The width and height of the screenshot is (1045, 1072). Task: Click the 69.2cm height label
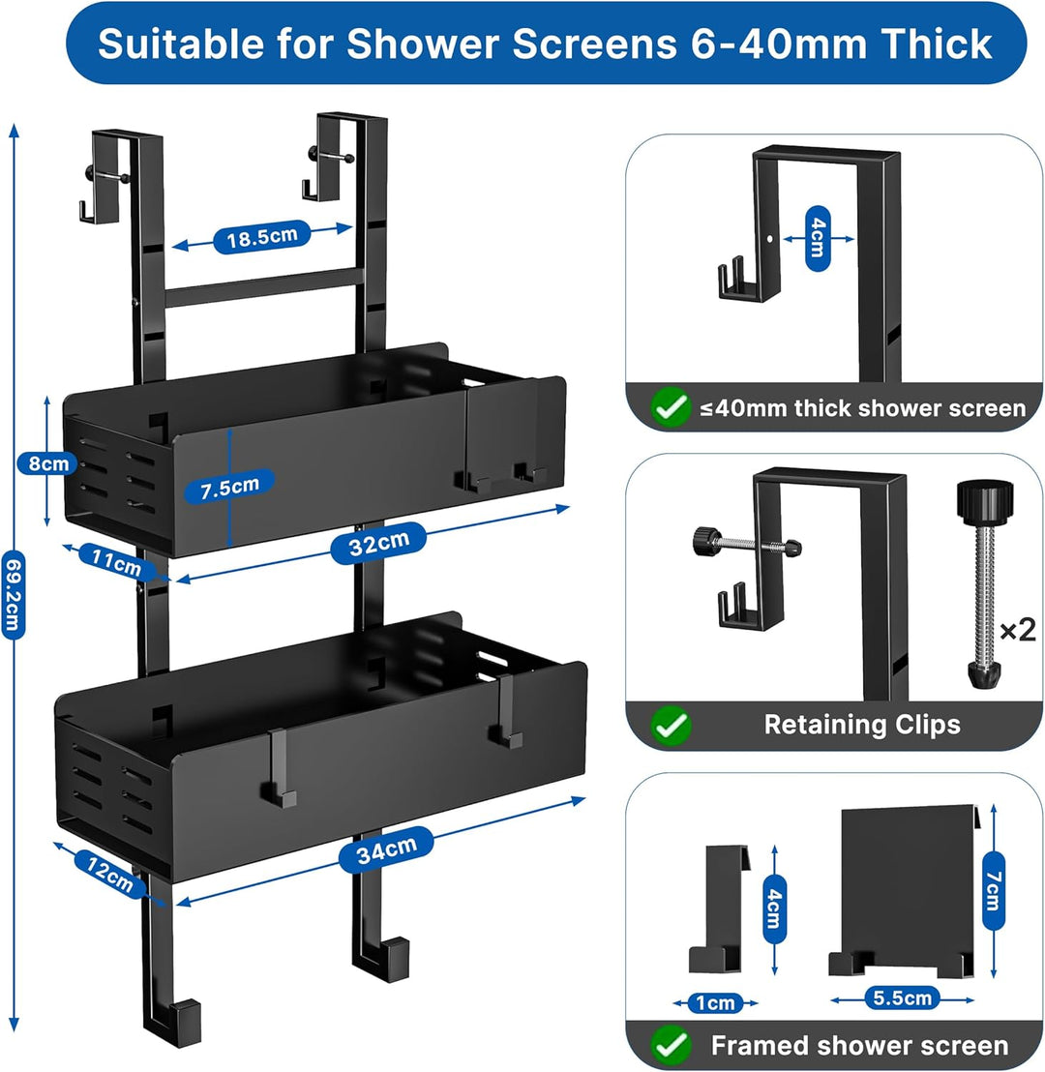point(14,595)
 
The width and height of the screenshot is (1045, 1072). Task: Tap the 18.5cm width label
point(262,237)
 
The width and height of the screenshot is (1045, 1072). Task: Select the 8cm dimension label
point(47,463)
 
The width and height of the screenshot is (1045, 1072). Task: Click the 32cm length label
point(379,544)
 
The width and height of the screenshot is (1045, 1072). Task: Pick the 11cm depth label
point(116,562)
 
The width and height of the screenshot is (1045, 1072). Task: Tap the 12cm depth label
point(109,873)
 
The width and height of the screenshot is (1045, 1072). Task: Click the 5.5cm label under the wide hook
point(902,998)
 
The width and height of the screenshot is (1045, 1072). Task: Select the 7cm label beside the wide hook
point(994,890)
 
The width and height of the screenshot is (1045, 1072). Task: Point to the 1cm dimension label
point(715,1003)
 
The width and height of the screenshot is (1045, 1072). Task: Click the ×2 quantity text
point(1018,629)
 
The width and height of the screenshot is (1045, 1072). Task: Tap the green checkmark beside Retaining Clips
point(672,726)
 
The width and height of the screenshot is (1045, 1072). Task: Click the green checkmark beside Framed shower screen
point(672,1045)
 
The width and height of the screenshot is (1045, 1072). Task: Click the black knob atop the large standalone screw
point(985,500)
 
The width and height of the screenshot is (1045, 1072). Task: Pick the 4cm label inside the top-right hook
point(818,239)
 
